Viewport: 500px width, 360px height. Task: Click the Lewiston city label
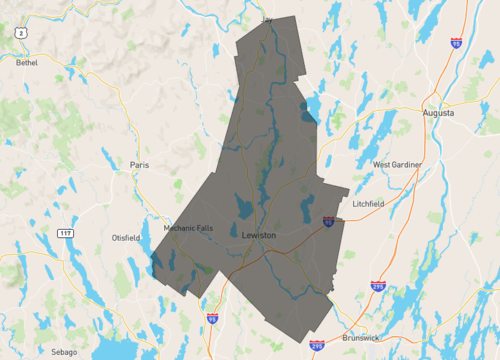coord(259,235)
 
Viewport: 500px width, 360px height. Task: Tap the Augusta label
coord(438,113)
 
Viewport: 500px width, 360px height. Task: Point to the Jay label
coord(267,19)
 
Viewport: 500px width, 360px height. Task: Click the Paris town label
coord(139,164)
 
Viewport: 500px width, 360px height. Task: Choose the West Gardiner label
coord(397,164)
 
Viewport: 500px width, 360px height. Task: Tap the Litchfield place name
coord(368,203)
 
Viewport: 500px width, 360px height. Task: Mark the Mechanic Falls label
coord(189,228)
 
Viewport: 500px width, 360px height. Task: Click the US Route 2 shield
coord(20,33)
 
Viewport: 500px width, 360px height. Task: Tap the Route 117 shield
coord(65,233)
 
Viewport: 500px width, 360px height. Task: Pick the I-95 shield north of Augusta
coord(456,43)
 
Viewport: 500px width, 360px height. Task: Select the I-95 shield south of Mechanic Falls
coord(212,319)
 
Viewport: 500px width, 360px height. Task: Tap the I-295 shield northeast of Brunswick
coord(378,287)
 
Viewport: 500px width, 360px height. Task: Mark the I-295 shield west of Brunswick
coord(317,345)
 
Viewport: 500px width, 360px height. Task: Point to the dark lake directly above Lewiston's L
coord(243,210)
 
